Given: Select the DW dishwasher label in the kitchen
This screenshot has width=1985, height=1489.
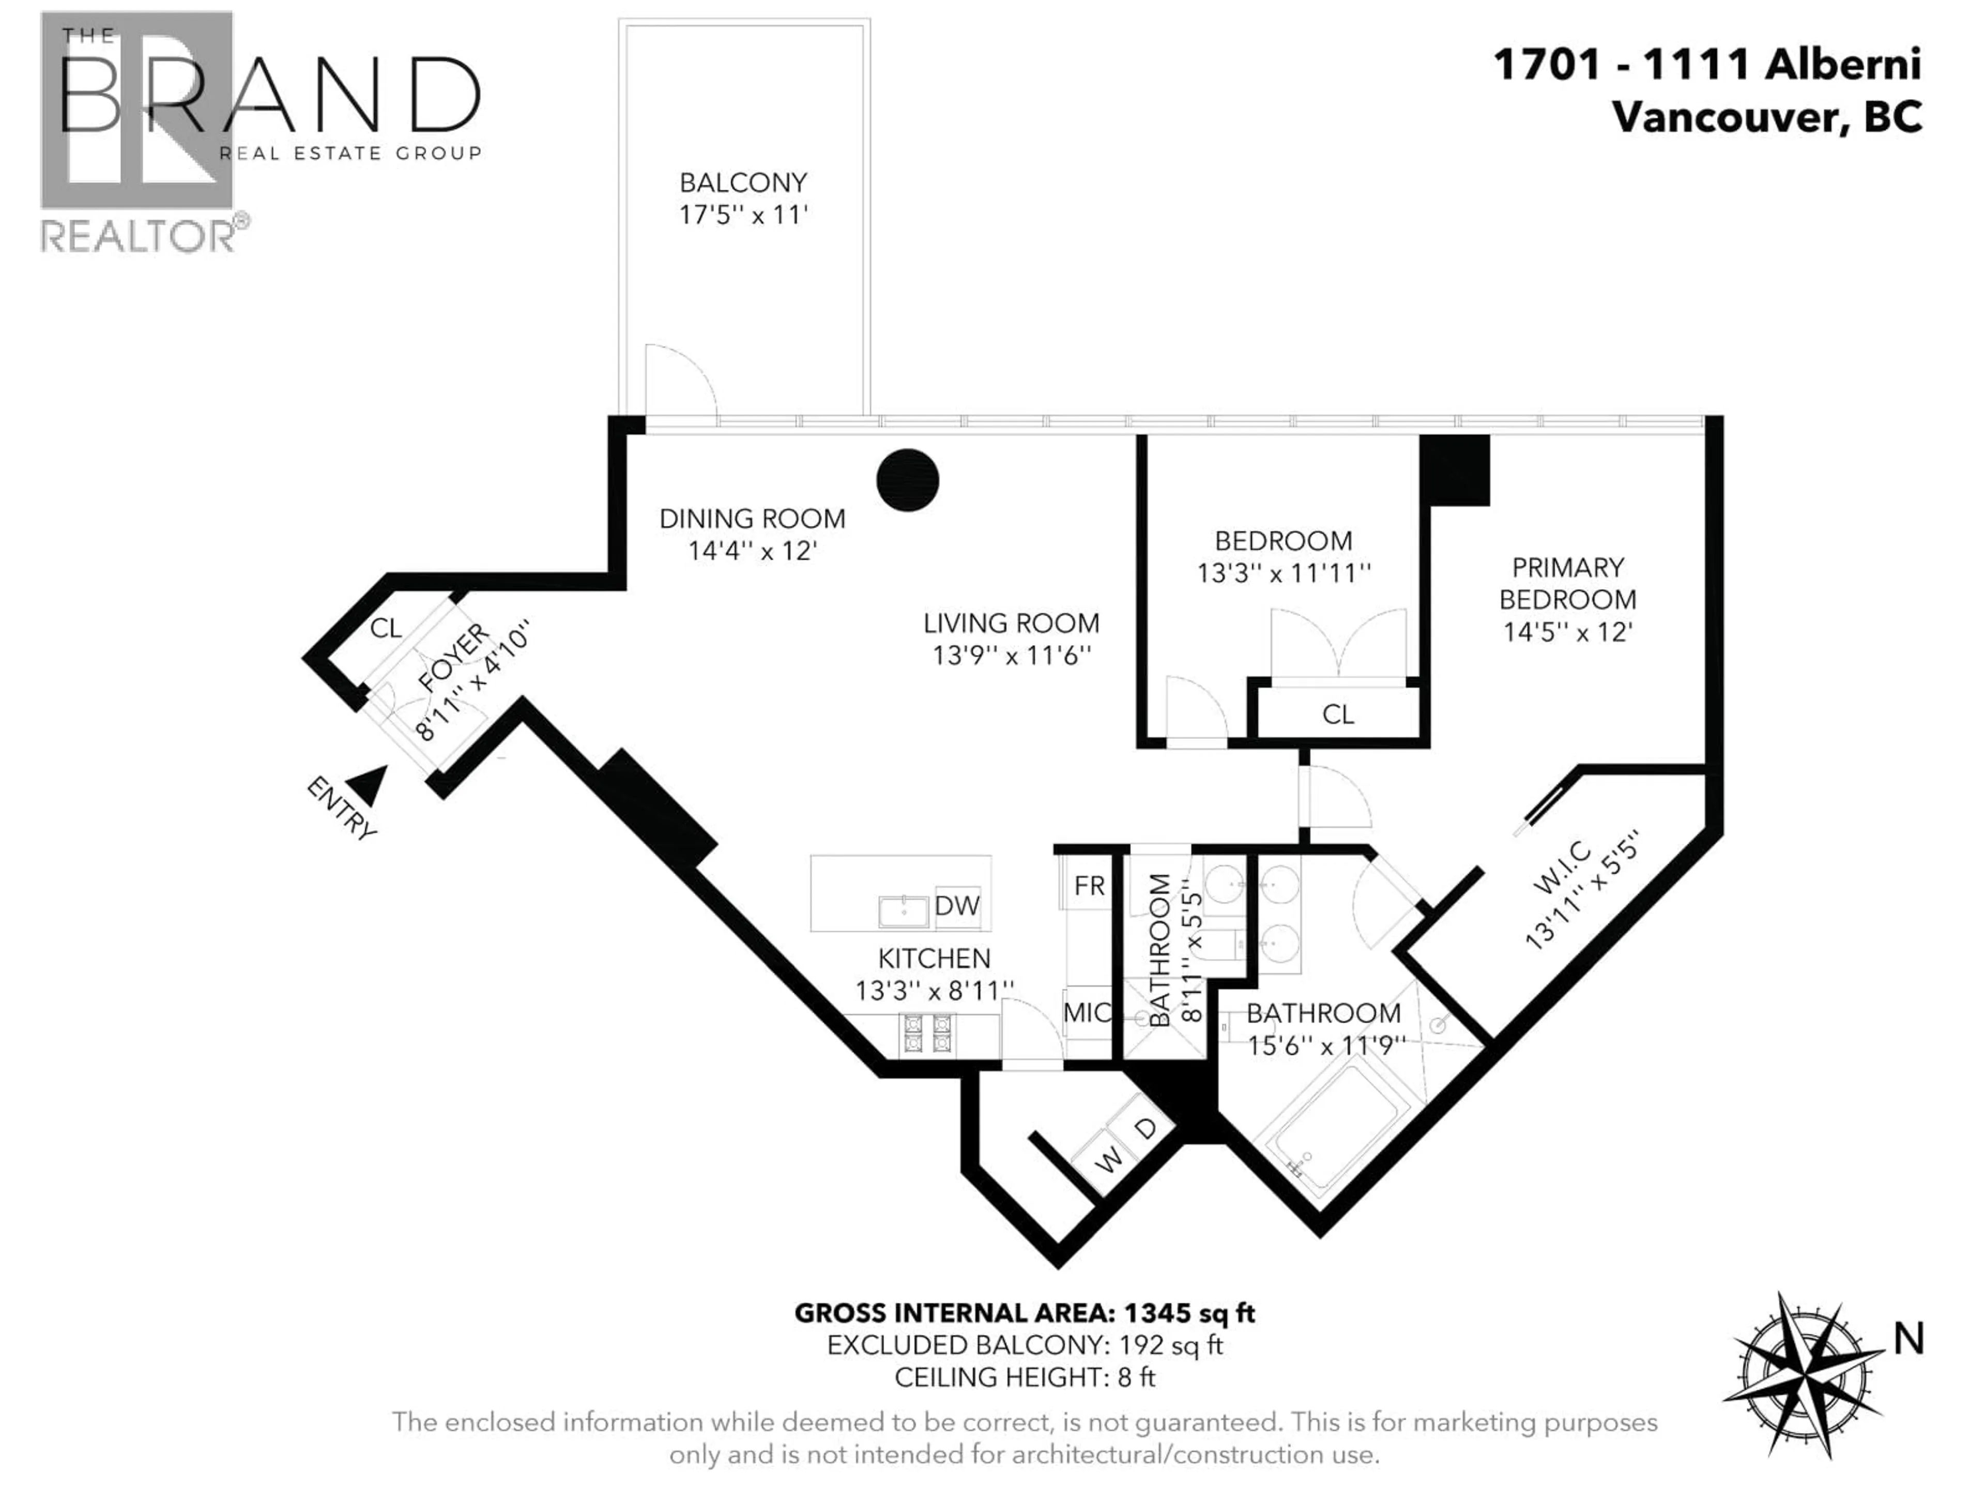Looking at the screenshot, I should pos(957,906).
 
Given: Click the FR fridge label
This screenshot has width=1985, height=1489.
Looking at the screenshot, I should pos(1089,886).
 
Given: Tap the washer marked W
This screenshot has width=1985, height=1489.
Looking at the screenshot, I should pos(1109,1160).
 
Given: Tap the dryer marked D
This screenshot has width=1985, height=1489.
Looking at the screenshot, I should pos(1146,1128).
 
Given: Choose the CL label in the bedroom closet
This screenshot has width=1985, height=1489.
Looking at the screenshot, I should pos(1337,715).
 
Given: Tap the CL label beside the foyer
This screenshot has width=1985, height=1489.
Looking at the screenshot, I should pos(386,628).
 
